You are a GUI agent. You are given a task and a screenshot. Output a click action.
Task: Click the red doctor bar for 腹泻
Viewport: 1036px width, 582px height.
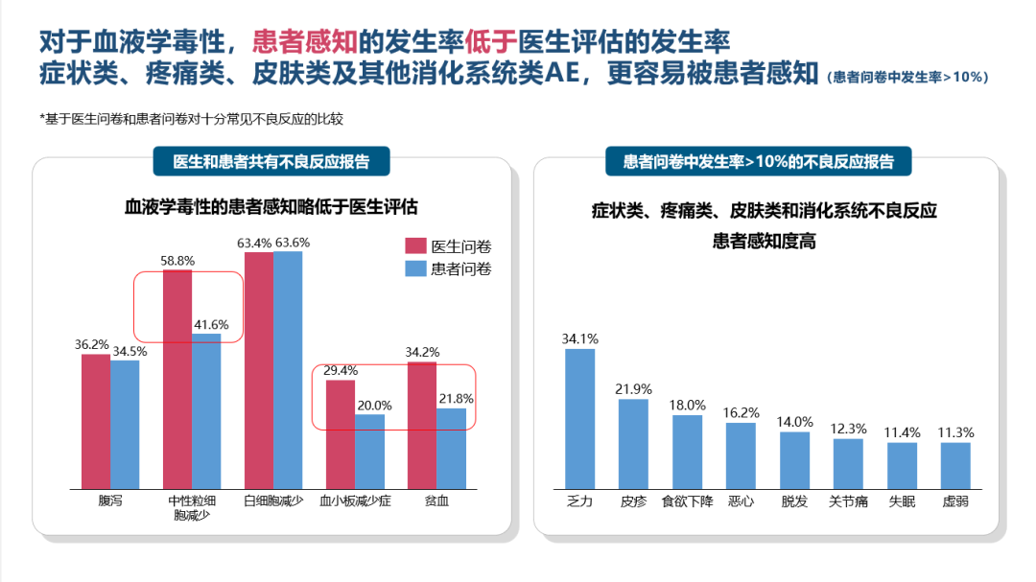[96, 421]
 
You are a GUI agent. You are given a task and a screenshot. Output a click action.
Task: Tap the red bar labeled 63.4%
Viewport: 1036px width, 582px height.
[259, 370]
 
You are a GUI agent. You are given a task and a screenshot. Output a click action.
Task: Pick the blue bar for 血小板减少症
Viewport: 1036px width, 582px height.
[369, 451]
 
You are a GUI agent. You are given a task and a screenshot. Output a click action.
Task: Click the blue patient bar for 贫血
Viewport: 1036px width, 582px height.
[451, 448]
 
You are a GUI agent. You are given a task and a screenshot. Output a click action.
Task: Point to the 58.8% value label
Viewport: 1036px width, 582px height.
[177, 261]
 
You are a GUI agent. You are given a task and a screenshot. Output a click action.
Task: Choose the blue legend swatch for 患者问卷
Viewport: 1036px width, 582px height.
[415, 269]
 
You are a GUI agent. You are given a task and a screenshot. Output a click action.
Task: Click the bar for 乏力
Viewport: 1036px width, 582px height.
[579, 418]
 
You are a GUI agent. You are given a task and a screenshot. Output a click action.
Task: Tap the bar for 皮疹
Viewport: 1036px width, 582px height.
[633, 443]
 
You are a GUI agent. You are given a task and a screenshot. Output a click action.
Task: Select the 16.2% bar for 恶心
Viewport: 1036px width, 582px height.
[741, 454]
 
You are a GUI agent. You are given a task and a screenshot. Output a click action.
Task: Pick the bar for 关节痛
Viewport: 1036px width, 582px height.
[848, 463]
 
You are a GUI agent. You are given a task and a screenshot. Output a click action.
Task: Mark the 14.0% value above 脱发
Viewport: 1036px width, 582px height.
[795, 422]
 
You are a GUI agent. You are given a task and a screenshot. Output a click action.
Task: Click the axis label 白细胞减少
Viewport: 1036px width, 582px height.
[272, 501]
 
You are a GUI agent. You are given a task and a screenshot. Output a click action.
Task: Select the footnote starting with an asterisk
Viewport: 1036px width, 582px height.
[192, 119]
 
